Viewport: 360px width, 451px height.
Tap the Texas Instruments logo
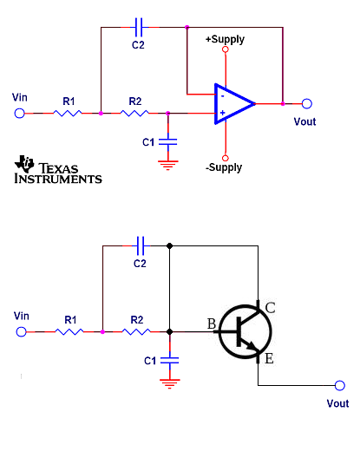click(58, 169)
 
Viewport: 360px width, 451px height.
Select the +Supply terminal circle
click(226, 49)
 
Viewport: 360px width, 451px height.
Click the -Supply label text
click(224, 167)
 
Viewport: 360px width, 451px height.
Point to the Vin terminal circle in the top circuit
click(19, 114)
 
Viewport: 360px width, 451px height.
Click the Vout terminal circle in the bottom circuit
click(340, 385)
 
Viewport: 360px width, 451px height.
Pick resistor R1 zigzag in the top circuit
click(68, 114)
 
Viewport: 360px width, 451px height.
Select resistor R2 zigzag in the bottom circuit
click(136, 331)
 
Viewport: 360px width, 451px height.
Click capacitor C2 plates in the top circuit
click(139, 27)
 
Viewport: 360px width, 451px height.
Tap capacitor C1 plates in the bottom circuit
click(169, 360)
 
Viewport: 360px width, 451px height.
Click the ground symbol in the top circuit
click(168, 166)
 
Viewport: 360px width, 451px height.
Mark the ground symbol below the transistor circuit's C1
click(170, 384)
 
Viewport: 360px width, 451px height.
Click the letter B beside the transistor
click(212, 324)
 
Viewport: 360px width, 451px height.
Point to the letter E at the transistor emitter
click(269, 359)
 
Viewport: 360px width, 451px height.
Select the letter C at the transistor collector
click(270, 308)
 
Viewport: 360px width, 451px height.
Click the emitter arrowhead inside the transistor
click(251, 345)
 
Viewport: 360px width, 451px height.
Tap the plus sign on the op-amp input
click(222, 113)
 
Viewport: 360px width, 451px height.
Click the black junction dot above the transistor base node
click(170, 246)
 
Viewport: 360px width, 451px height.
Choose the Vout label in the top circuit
click(304, 121)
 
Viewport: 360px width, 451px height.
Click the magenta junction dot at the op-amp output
click(283, 104)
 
